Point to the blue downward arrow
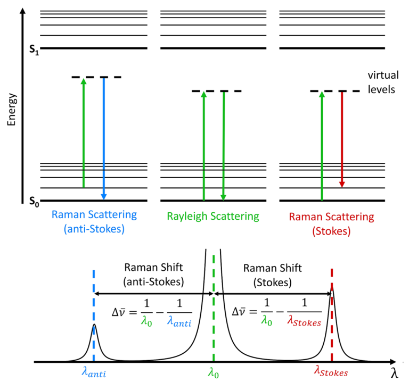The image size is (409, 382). (x=104, y=138)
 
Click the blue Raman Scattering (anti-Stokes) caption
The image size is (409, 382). (x=94, y=222)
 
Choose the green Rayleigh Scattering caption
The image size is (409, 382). (x=213, y=216)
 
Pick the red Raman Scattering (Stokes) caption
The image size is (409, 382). (x=332, y=222)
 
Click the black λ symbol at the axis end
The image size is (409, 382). (x=394, y=372)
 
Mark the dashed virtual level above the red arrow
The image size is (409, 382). (x=336, y=92)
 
